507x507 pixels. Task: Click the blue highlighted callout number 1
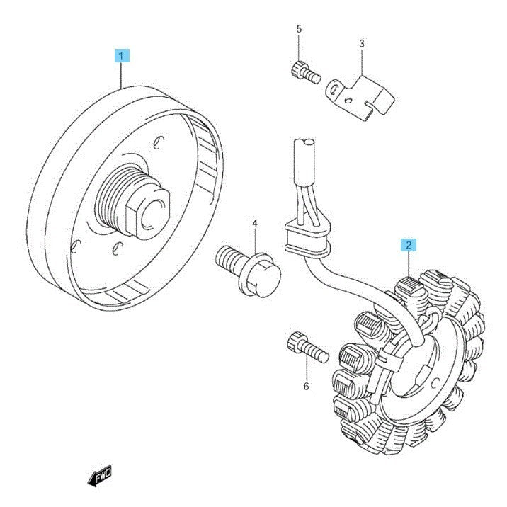122,56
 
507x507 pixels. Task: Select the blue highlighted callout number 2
409,245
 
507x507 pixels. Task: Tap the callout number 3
362,43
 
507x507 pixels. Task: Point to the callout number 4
255,224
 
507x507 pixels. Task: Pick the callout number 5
299,29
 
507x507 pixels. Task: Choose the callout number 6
306,386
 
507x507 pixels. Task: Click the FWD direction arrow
100,476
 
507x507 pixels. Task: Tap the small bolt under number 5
306,73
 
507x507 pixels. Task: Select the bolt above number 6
307,347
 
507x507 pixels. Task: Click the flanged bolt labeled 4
249,271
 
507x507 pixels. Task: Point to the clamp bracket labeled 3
360,97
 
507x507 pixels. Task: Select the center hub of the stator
417,369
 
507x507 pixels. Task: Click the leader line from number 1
122,75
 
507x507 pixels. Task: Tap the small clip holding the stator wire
389,358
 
